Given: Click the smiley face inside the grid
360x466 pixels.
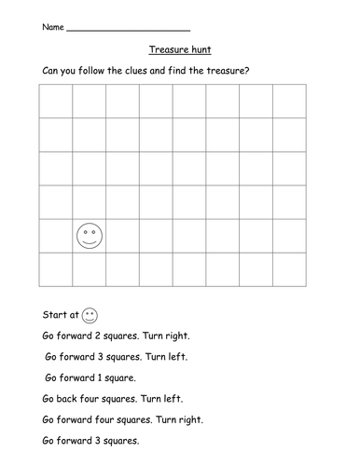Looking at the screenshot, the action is [90, 236].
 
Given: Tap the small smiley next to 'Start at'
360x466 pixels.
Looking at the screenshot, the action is [90, 314].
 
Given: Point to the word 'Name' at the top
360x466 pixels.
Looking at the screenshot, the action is [53, 28].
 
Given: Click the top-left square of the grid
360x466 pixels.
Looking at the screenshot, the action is [56, 102].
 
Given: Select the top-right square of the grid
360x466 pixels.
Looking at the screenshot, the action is [289, 102].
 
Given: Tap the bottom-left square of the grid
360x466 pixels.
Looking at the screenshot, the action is [56, 269].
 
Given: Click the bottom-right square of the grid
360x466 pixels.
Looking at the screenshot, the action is [289, 269].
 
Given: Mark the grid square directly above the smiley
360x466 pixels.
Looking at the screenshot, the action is [90, 202].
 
